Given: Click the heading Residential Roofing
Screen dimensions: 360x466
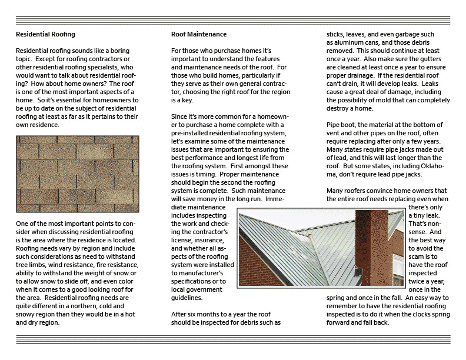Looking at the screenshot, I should [45, 35].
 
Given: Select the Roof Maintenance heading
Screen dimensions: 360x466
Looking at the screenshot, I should [199, 35].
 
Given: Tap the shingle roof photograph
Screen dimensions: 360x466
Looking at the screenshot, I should [78, 174].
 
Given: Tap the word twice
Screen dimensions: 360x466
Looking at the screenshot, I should [418, 282].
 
